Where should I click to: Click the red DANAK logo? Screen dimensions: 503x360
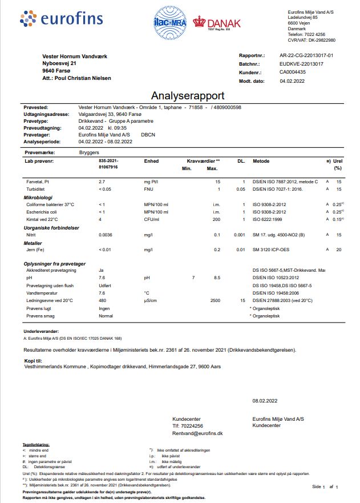pyautogui.click(x=217, y=22)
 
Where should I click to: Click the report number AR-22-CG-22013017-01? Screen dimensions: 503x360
pyautogui.click(x=306, y=55)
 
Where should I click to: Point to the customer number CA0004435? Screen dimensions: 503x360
pyautogui.click(x=293, y=73)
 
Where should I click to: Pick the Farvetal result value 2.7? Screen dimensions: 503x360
pyautogui.click(x=103, y=181)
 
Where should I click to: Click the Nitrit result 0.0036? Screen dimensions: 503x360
pyautogui.click(x=106, y=235)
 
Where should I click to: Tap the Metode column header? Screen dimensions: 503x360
pyautogui.click(x=261, y=161)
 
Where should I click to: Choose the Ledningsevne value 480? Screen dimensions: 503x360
pyautogui.click(x=103, y=300)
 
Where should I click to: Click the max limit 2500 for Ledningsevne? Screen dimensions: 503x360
pyautogui.click(x=215, y=300)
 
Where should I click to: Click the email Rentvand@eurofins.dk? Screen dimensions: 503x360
pyautogui.click(x=197, y=434)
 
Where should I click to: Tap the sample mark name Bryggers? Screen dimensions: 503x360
pyautogui.click(x=88, y=153)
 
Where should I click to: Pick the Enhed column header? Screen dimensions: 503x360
pyautogui.click(x=151, y=161)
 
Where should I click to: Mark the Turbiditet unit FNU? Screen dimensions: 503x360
pyautogui.click(x=148, y=188)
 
